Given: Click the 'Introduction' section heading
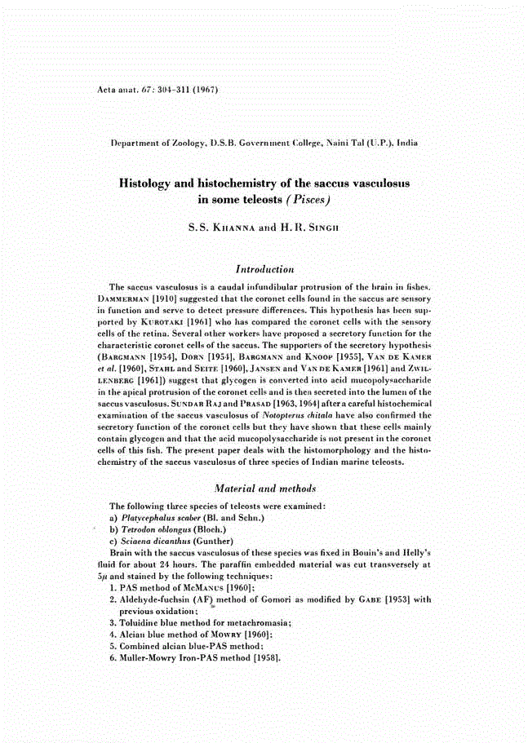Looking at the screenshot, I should [x=264, y=268].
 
